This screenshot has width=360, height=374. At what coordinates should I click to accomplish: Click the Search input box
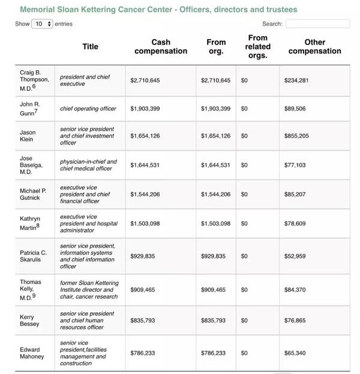tap(317, 24)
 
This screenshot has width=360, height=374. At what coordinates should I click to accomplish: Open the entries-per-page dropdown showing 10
tap(42, 24)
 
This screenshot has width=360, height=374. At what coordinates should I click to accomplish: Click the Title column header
tap(90, 46)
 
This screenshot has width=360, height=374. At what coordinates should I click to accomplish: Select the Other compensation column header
tap(314, 46)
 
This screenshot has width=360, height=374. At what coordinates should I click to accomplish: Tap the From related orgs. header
tap(257, 46)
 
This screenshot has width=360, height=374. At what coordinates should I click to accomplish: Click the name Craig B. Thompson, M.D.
tap(34, 80)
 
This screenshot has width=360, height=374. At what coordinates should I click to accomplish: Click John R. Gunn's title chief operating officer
tap(88, 109)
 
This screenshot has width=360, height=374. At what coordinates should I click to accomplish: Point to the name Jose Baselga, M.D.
tap(31, 165)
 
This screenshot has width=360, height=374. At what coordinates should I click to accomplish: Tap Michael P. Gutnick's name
tap(32, 195)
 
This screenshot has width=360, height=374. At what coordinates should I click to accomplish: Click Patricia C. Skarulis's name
tap(34, 256)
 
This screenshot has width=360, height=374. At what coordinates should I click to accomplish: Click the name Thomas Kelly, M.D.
tap(31, 289)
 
